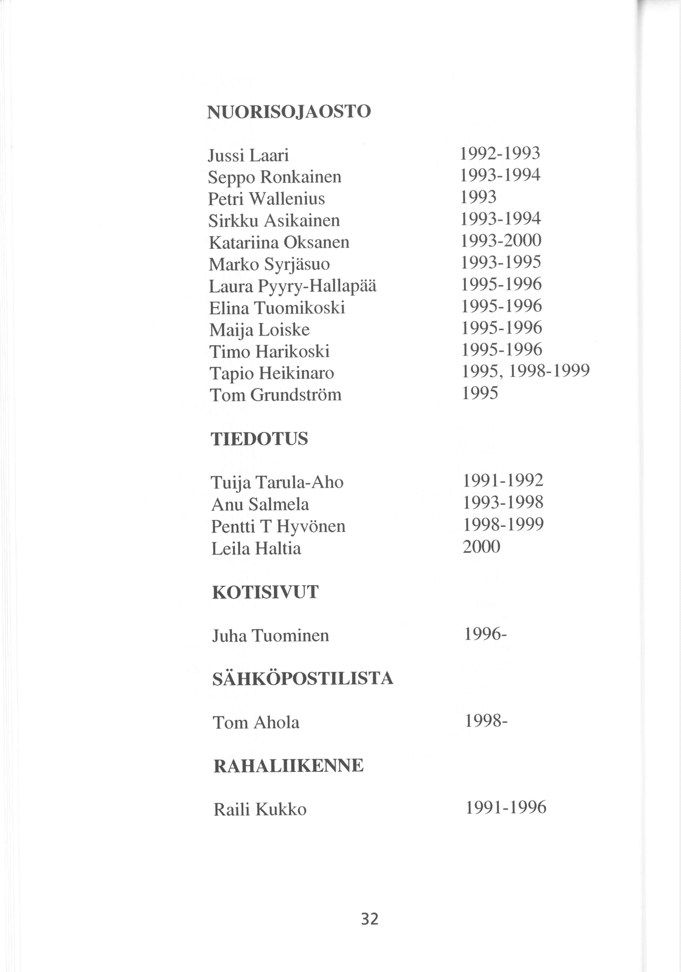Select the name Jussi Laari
click(x=248, y=156)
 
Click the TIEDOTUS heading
click(x=259, y=439)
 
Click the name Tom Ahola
click(x=256, y=723)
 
